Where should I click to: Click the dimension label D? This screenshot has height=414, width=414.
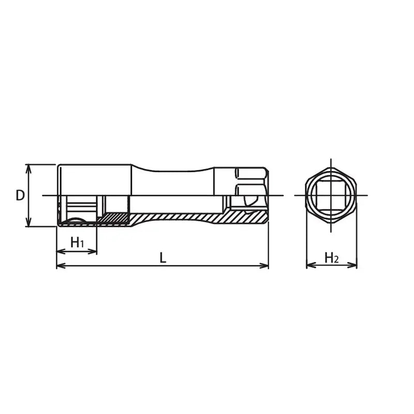(20, 195)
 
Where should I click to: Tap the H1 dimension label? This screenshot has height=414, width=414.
(77, 242)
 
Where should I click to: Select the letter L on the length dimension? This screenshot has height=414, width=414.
(162, 257)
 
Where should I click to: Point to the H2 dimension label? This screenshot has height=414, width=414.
(331, 257)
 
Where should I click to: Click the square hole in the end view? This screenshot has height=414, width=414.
(331, 195)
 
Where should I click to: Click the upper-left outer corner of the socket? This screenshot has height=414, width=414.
(58, 166)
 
